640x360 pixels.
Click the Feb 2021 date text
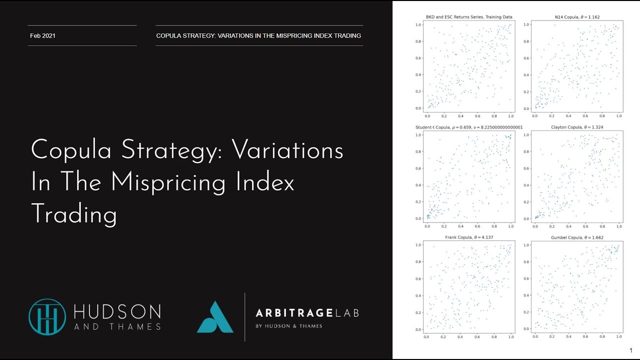(x=42, y=35)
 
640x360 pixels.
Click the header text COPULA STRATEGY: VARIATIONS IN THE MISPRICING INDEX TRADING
(x=258, y=35)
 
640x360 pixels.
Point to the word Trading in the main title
(x=74, y=214)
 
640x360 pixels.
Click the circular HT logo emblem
(x=47, y=316)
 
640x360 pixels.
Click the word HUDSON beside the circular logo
(x=117, y=312)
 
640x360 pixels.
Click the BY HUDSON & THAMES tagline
(x=289, y=326)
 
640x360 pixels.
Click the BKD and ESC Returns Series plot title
(x=469, y=17)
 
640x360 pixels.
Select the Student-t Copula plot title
(x=469, y=127)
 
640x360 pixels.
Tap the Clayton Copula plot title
(x=576, y=127)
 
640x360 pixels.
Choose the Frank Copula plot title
(x=469, y=237)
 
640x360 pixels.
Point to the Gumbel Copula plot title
(x=576, y=237)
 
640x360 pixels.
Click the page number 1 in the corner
(x=631, y=350)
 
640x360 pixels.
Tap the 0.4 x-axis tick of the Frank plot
(x=460, y=337)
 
